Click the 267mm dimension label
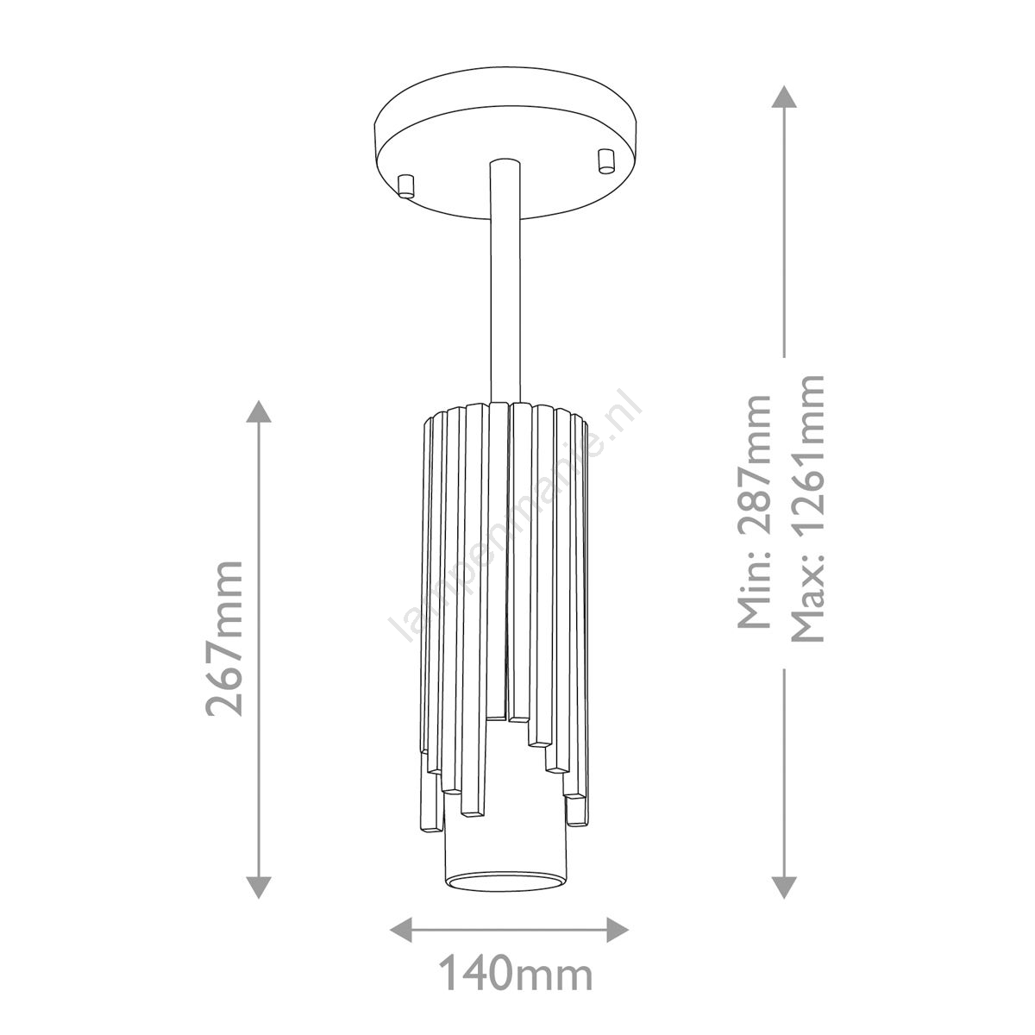(224, 638)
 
